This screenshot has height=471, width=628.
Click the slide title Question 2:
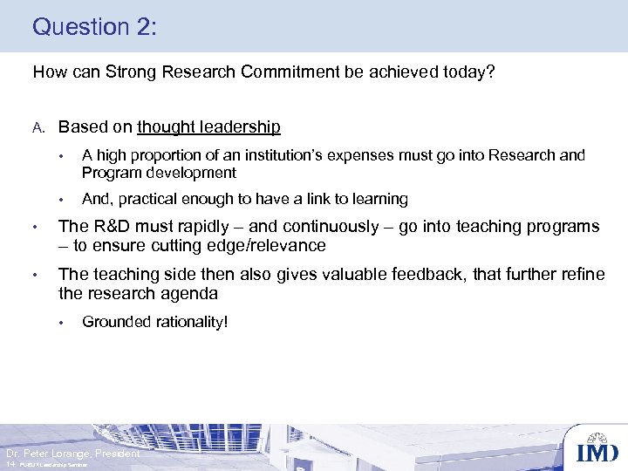click(94, 26)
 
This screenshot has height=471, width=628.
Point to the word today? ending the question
click(470, 72)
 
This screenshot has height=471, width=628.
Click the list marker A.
click(38, 127)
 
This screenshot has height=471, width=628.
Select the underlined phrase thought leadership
click(208, 126)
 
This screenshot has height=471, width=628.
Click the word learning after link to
click(379, 199)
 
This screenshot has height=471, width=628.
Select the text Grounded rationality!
click(154, 322)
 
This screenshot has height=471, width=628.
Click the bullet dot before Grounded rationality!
click(62, 322)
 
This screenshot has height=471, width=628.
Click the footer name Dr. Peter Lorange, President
click(72, 454)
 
